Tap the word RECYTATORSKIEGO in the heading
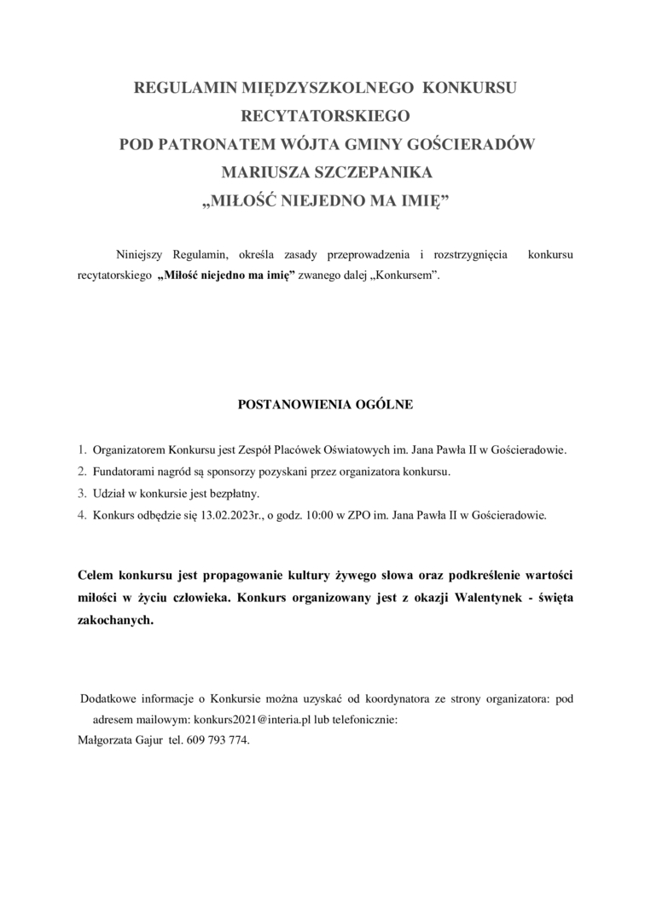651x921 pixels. click(326, 116)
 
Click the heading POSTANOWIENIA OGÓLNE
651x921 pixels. click(325, 404)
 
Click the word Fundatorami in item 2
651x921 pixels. click(122, 471)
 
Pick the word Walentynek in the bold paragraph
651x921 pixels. click(471, 599)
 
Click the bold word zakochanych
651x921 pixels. click(115, 622)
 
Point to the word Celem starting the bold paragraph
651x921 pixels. click(97, 576)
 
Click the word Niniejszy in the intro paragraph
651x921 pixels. click(141, 255)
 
